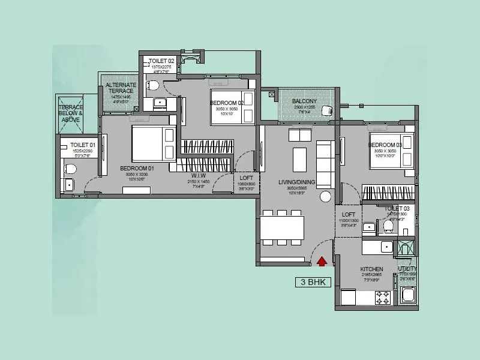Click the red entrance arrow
point(322,260)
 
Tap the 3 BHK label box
point(313,281)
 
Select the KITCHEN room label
point(371,269)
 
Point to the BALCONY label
point(304,101)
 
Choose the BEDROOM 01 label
point(137,169)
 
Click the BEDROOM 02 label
point(227,103)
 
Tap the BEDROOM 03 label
point(385,145)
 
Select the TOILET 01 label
point(80,145)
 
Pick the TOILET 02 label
point(161,61)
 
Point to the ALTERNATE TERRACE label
point(121,89)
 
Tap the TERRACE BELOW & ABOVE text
point(71,113)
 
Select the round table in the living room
point(326,197)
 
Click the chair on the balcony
point(328,110)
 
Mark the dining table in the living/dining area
point(282,228)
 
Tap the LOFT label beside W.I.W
point(247,178)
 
